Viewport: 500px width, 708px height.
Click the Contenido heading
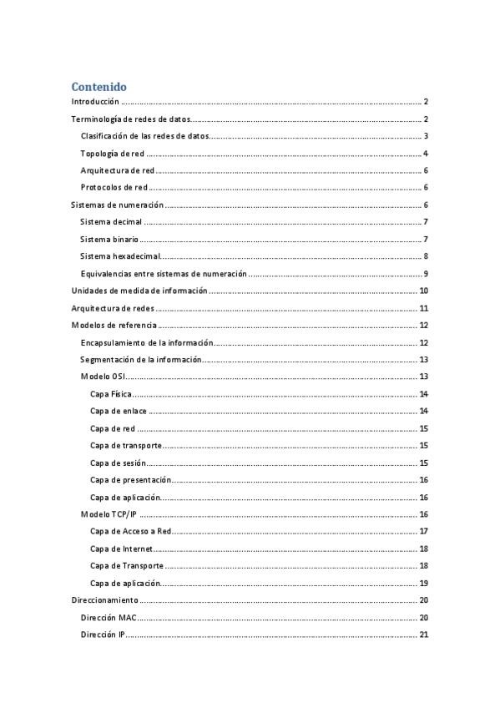click(98, 86)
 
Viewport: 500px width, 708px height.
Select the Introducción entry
click(95, 101)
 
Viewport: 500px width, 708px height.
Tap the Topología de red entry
click(112, 154)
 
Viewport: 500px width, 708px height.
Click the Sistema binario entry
click(109, 240)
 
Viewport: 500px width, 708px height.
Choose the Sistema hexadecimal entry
click(119, 256)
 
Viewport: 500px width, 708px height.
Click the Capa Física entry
click(110, 394)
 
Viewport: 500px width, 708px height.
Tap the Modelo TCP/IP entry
click(109, 514)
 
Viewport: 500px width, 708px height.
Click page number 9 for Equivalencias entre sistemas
click(425, 274)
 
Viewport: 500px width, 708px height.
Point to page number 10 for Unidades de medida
click(423, 291)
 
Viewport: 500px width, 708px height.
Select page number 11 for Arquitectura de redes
click(423, 309)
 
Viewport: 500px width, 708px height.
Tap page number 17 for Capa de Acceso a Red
click(423, 532)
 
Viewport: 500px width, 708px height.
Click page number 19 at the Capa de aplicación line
click(423, 584)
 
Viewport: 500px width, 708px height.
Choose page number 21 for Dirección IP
click(423, 635)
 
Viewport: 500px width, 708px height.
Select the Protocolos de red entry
click(114, 188)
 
